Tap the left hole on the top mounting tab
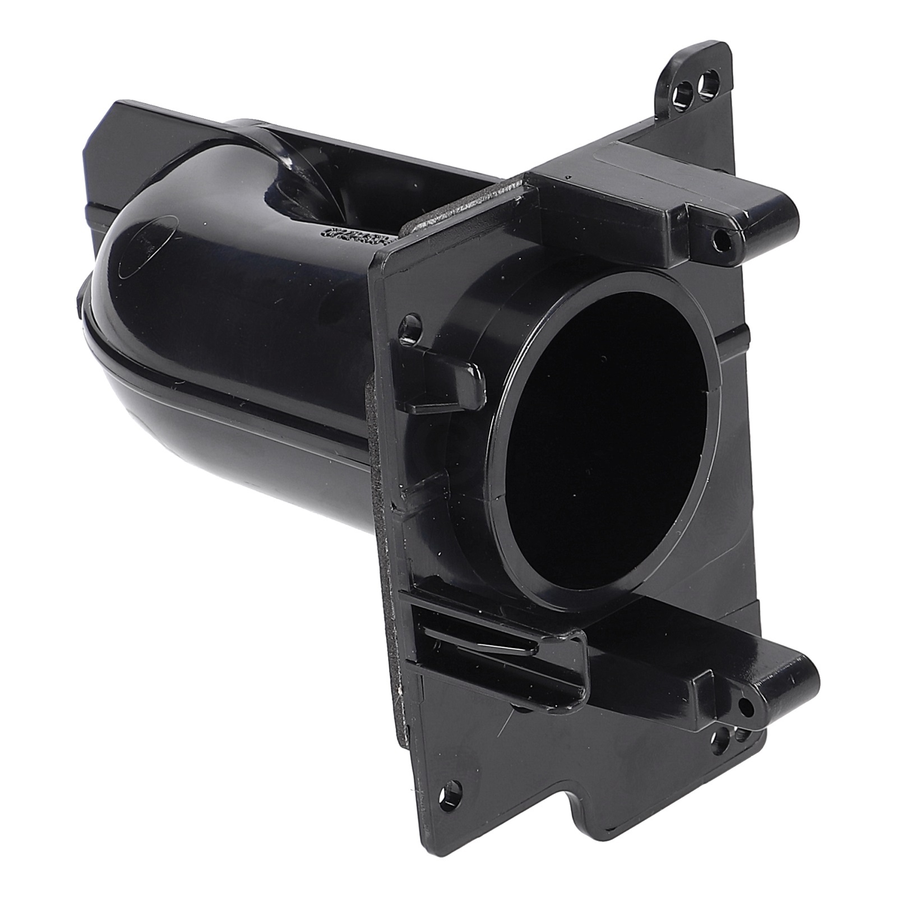point(683,91)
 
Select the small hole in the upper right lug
point(723,240)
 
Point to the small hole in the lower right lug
point(746,708)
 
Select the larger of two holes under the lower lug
point(720,746)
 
